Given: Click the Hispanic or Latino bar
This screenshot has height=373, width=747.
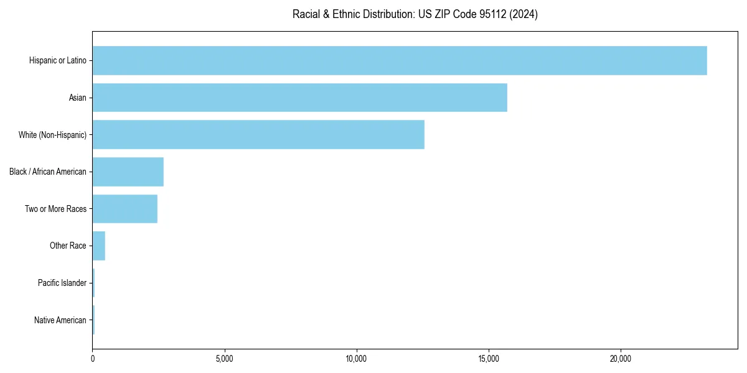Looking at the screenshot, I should click(x=399, y=60).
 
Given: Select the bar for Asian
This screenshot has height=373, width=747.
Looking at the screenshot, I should click(x=299, y=98).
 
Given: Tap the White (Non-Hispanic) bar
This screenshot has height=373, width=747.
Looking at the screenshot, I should click(x=258, y=135).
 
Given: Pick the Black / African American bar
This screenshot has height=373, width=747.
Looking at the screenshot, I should click(x=128, y=172).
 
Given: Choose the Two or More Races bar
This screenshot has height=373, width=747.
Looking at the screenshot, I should click(x=125, y=209).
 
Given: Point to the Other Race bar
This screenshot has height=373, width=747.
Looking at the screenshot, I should click(x=98, y=246).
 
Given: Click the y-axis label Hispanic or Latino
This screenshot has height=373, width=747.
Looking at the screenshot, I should click(x=58, y=60).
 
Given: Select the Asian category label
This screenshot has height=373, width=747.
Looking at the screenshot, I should click(x=78, y=98).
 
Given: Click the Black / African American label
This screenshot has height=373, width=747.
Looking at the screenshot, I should click(x=48, y=172).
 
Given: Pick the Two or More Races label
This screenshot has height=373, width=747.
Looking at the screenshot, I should click(x=56, y=209).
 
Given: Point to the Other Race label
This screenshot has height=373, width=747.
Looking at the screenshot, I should click(x=68, y=246).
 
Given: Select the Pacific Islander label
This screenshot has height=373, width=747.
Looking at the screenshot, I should click(x=62, y=283).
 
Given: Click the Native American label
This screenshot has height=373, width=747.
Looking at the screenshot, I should click(x=60, y=320).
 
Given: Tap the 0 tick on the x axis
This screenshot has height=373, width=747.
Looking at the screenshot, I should click(x=93, y=359).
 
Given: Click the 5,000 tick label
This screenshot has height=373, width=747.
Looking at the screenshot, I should click(x=225, y=359).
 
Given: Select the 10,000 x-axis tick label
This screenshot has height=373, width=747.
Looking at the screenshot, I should click(x=357, y=359).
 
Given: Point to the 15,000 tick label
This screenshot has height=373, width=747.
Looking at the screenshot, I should click(x=489, y=359).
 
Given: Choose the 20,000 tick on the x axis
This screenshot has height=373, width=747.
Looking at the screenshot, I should click(x=621, y=359).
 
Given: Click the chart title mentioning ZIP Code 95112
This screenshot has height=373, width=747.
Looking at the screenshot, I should click(x=415, y=14).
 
